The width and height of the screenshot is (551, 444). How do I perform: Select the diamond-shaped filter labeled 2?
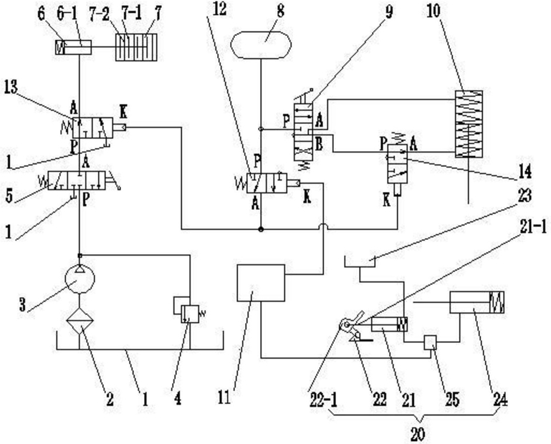click(80, 321)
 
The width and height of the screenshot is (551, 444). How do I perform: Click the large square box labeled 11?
click(261, 283)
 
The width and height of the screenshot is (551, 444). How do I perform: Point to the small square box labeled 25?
click(430, 342)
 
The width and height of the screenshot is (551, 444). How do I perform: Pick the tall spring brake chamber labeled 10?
click(469, 124)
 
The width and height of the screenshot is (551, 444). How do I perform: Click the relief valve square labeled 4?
click(190, 314)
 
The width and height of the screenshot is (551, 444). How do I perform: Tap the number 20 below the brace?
click(418, 434)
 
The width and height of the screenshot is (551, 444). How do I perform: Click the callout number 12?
click(220, 9)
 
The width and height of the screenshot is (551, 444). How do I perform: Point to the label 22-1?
click(323, 400)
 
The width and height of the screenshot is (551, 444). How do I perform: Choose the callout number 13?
click(11, 87)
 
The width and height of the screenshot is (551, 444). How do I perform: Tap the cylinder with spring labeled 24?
click(477, 302)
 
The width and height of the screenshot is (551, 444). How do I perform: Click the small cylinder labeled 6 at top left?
click(74, 47)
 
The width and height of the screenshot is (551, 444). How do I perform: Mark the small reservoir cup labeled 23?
click(360, 261)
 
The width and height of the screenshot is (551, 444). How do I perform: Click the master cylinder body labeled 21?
click(389, 324)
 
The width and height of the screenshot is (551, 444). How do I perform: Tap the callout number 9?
click(389, 11)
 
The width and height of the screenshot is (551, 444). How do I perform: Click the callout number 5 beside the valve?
click(9, 196)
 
